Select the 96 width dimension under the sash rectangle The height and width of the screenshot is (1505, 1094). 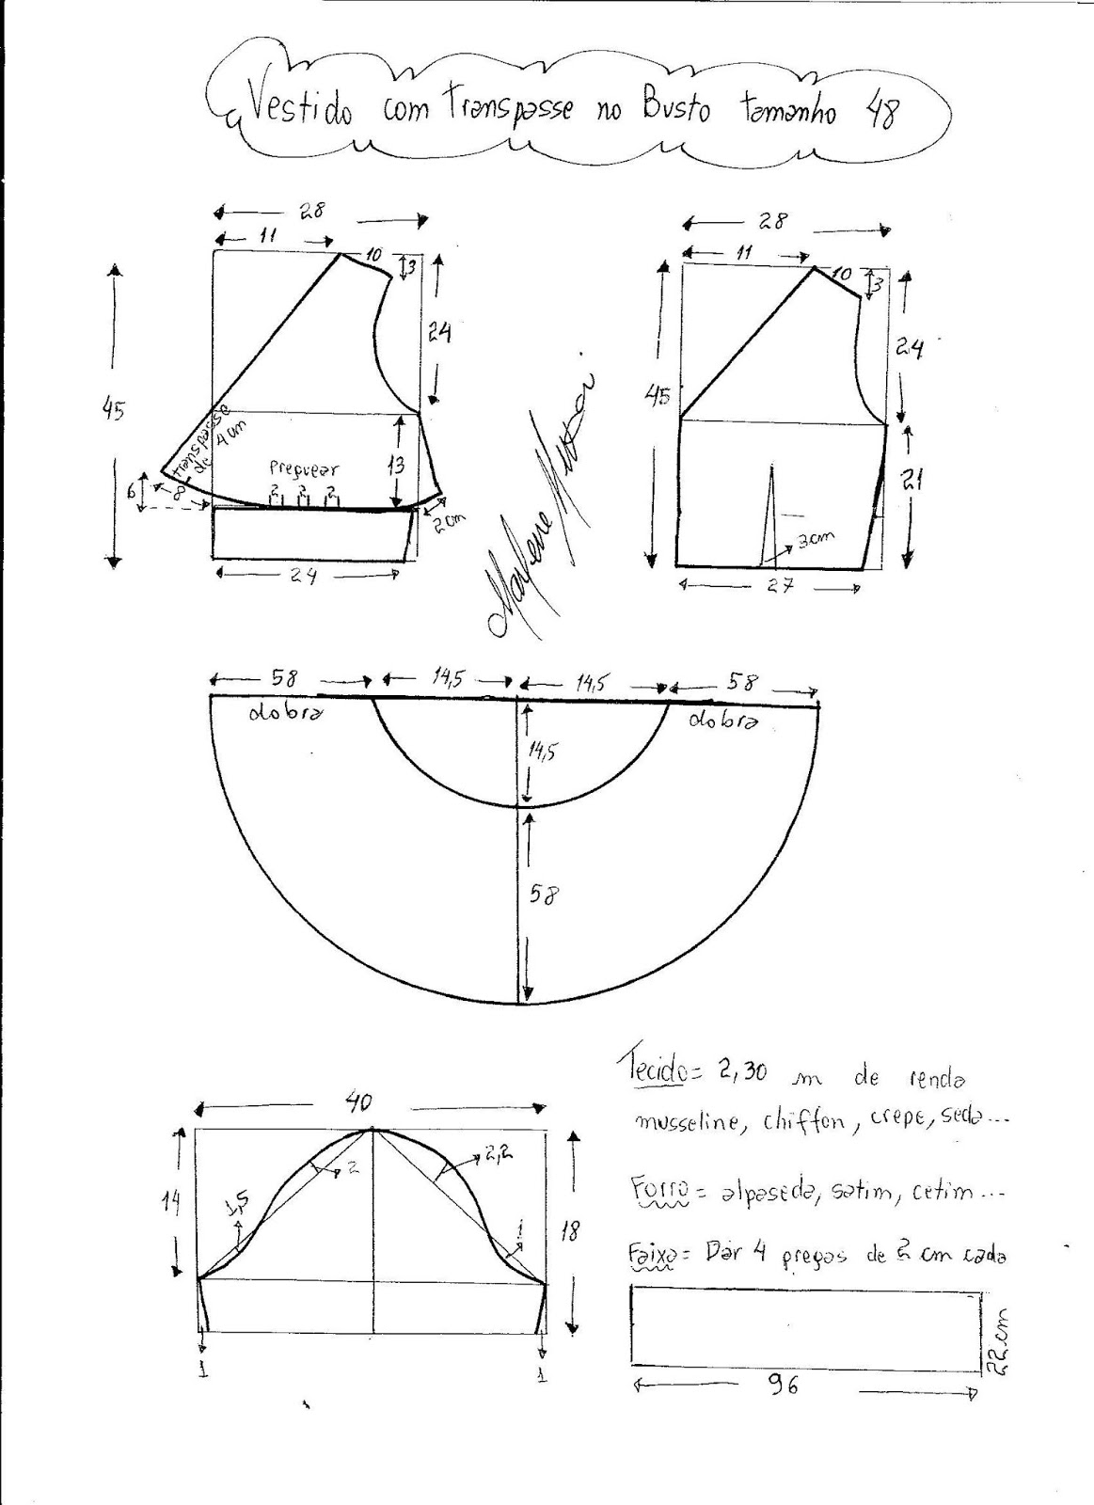click(x=784, y=1384)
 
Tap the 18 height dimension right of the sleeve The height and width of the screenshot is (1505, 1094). click(x=569, y=1228)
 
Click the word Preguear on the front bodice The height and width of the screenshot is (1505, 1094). click(x=304, y=467)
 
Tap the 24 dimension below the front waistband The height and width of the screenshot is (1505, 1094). click(x=303, y=576)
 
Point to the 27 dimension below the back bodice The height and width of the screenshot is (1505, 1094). click(x=780, y=584)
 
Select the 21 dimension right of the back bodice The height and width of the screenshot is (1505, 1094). click(x=912, y=481)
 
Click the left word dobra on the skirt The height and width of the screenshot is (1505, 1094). click(x=287, y=712)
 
